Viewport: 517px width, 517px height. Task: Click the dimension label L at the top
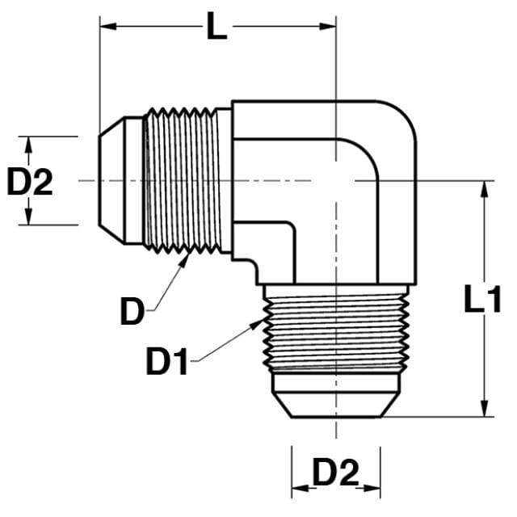pos(216,27)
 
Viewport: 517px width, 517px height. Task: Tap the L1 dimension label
pos(482,299)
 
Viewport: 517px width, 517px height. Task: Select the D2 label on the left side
pos(30,181)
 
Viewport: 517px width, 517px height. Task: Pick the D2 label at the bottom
pos(336,473)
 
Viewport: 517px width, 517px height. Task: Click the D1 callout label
pos(167,361)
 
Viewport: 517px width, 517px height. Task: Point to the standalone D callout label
pos(132,310)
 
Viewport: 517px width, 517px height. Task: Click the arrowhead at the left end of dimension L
pos(108,27)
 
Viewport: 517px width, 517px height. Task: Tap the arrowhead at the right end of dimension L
pos(327,27)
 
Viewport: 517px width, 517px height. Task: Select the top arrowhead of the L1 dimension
pos(485,189)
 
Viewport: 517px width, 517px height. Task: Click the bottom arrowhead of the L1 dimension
pos(485,408)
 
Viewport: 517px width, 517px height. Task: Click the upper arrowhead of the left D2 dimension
pos(29,145)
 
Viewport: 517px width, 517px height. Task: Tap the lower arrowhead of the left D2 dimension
pos(29,216)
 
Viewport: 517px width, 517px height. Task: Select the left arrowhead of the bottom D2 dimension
pos(300,488)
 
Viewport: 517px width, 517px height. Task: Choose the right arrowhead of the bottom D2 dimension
pos(372,488)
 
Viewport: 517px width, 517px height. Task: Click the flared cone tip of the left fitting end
pos(111,181)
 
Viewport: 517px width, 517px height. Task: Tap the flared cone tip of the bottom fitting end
pos(336,405)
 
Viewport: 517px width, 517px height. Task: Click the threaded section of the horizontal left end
pos(182,181)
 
